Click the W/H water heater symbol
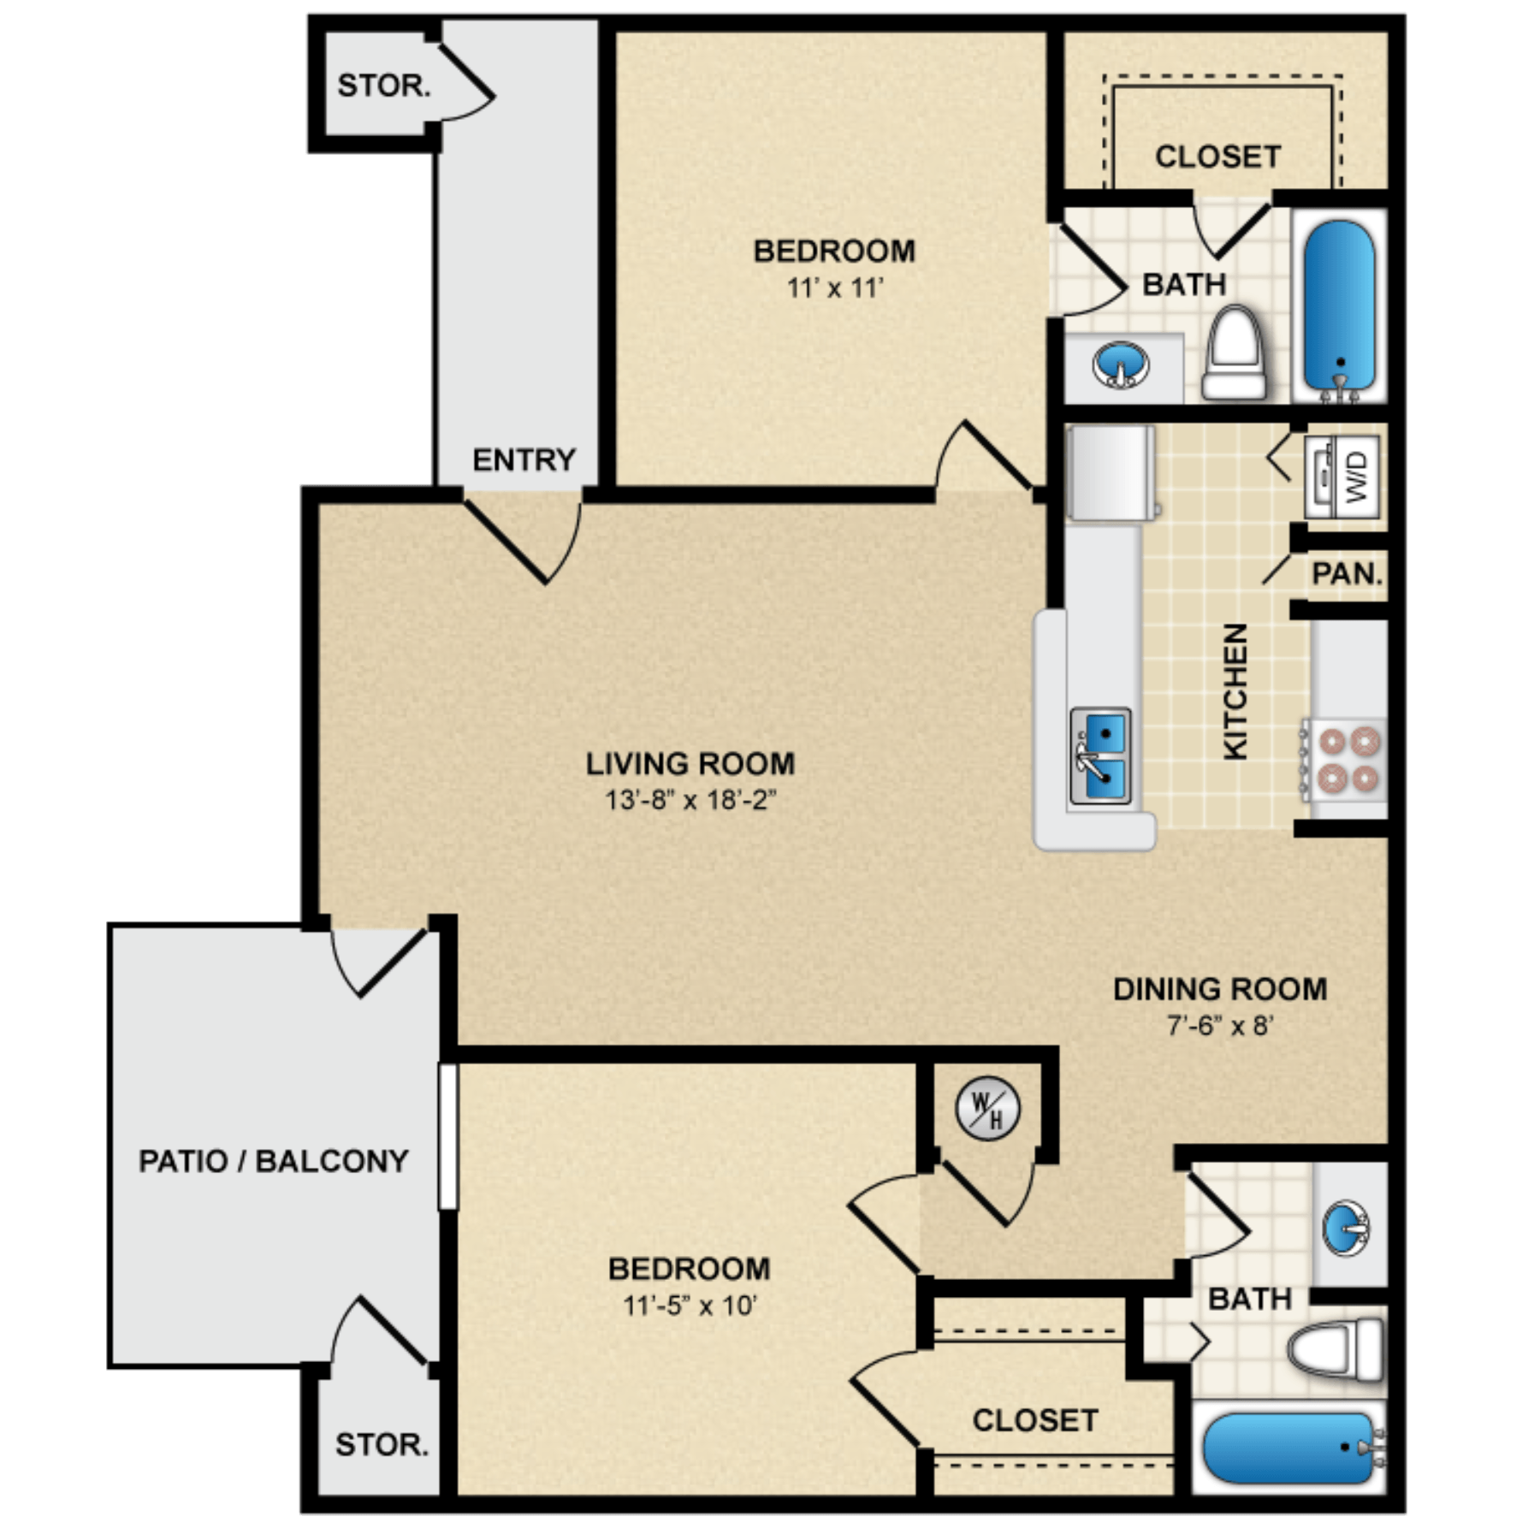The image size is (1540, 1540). click(x=987, y=1109)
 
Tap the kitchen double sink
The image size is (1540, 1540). click(x=1100, y=756)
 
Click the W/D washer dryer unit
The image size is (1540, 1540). click(x=1342, y=477)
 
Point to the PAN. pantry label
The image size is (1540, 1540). click(x=1347, y=573)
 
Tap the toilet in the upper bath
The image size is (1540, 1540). click(x=1234, y=353)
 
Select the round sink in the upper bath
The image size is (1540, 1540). click(x=1121, y=364)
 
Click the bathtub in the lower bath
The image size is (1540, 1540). click(x=1292, y=1448)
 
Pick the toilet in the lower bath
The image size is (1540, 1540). click(x=1335, y=1349)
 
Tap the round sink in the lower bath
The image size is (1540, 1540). click(x=1346, y=1229)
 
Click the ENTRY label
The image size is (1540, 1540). click(x=524, y=460)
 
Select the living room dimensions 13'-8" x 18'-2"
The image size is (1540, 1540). click(x=690, y=800)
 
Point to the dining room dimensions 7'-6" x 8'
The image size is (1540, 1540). click(x=1220, y=1024)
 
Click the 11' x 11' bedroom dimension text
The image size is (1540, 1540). click(x=834, y=287)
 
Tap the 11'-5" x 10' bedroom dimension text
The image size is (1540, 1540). click(x=690, y=1306)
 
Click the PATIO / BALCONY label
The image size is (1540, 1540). click(x=274, y=1161)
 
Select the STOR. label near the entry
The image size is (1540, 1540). click(x=383, y=86)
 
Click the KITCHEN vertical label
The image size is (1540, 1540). click(x=1235, y=691)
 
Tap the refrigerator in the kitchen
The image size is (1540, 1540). click(x=1111, y=473)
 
